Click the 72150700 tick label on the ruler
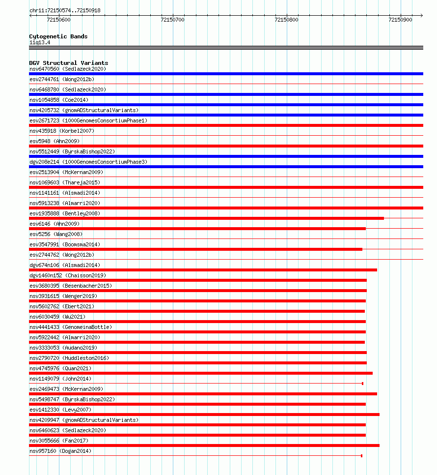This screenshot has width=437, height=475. [172, 20]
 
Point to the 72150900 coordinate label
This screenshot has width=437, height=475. [400, 20]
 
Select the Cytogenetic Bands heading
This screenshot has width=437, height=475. [58, 36]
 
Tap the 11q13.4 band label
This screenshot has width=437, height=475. [39, 42]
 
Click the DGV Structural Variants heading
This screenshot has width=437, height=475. [68, 63]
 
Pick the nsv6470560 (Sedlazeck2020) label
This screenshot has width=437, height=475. [67, 69]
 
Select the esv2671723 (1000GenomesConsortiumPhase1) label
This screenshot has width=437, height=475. [88, 120]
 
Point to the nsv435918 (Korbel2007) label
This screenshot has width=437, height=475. [61, 131]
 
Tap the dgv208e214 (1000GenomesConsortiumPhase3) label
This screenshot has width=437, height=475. [88, 162]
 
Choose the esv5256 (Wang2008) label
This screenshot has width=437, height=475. [55, 234]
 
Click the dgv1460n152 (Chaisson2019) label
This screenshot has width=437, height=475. [67, 275]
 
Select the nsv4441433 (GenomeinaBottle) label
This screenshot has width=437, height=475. [70, 327]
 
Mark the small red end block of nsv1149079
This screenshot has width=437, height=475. [362, 384]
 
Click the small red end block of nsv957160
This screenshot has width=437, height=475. [361, 456]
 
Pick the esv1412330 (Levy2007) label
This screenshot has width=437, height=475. [60, 410]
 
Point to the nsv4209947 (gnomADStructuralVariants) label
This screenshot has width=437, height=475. [83, 420]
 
